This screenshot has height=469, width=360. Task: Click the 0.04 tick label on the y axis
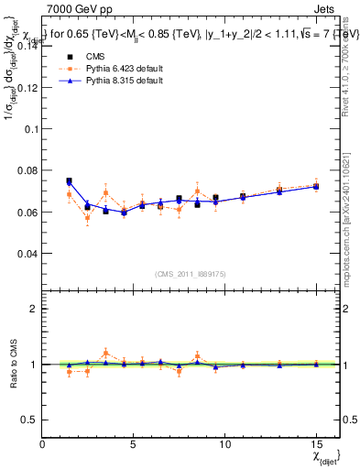pos(27,253)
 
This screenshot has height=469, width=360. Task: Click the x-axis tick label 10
pos(224,443)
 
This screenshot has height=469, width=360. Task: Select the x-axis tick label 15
pos(316,443)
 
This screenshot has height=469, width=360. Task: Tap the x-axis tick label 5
pos(134,443)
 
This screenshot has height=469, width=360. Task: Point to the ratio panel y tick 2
pos(34,309)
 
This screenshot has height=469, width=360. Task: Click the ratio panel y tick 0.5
pos(29,420)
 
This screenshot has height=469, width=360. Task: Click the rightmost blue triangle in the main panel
pos(316,187)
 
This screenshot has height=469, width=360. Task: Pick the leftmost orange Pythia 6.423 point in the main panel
pos(69,194)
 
